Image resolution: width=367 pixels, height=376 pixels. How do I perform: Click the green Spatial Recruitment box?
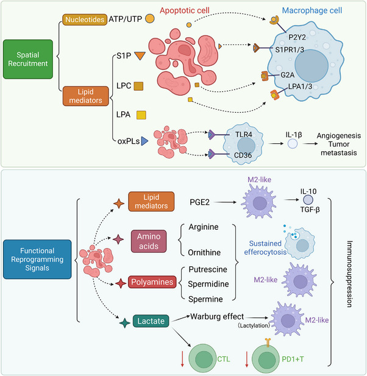28,59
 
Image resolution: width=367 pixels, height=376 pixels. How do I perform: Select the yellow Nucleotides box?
85,20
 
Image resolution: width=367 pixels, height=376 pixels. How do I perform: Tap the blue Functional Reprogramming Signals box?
37,259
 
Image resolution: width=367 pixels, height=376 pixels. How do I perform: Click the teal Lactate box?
151,321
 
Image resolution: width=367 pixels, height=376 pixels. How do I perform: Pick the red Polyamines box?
152,282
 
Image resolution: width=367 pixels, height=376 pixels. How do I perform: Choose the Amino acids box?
149,241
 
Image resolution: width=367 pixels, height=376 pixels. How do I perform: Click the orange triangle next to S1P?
140,55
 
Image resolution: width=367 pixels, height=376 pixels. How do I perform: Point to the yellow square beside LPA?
141,115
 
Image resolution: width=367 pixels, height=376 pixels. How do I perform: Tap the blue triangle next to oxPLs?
144,141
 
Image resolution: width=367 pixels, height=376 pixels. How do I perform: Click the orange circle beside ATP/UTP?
150,19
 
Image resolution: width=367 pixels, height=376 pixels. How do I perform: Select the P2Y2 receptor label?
297,37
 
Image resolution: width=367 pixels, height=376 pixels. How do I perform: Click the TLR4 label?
243,135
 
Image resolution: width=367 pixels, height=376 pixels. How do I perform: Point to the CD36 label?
243,155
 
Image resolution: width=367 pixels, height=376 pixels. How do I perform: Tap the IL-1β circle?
293,144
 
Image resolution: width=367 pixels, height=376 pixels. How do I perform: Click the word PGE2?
199,202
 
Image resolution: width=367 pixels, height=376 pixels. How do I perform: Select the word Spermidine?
208,284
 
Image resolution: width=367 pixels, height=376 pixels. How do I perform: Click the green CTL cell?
204,359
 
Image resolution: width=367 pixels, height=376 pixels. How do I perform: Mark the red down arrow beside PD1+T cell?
246,359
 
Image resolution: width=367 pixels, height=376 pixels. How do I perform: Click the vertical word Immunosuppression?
349,274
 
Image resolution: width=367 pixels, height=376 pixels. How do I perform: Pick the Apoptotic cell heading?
185,10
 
